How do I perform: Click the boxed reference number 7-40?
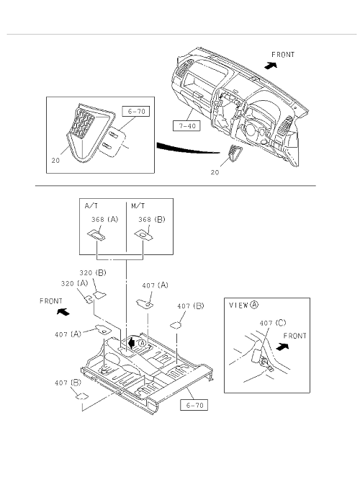pyautogui.click(x=186, y=126)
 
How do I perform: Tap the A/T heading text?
pyautogui.click(x=91, y=206)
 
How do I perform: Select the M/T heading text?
pyautogui.click(x=138, y=206)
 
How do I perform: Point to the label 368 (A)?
pyautogui.click(x=105, y=219)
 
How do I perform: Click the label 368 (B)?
pyautogui.click(x=152, y=219)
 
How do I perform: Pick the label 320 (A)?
pyautogui.click(x=75, y=283)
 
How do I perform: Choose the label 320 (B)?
pyautogui.click(x=93, y=273)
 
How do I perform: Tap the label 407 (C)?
pyautogui.click(x=273, y=323)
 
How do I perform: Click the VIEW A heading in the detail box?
pyautogui.click(x=244, y=305)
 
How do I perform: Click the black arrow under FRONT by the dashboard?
pyautogui.click(x=271, y=66)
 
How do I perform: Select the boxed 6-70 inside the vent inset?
pyautogui.click(x=136, y=111)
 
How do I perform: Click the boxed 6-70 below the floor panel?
pyautogui.click(x=194, y=405)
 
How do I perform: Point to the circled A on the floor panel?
pyautogui.click(x=142, y=343)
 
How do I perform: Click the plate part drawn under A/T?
pyautogui.click(x=96, y=235)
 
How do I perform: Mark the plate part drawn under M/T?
pyautogui.click(x=143, y=235)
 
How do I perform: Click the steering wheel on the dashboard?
pyautogui.click(x=251, y=129)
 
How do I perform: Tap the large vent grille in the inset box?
pyautogui.click(x=82, y=124)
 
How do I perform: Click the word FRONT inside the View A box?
pyautogui.click(x=294, y=336)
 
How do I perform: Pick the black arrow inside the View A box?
pyautogui.click(x=282, y=347)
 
